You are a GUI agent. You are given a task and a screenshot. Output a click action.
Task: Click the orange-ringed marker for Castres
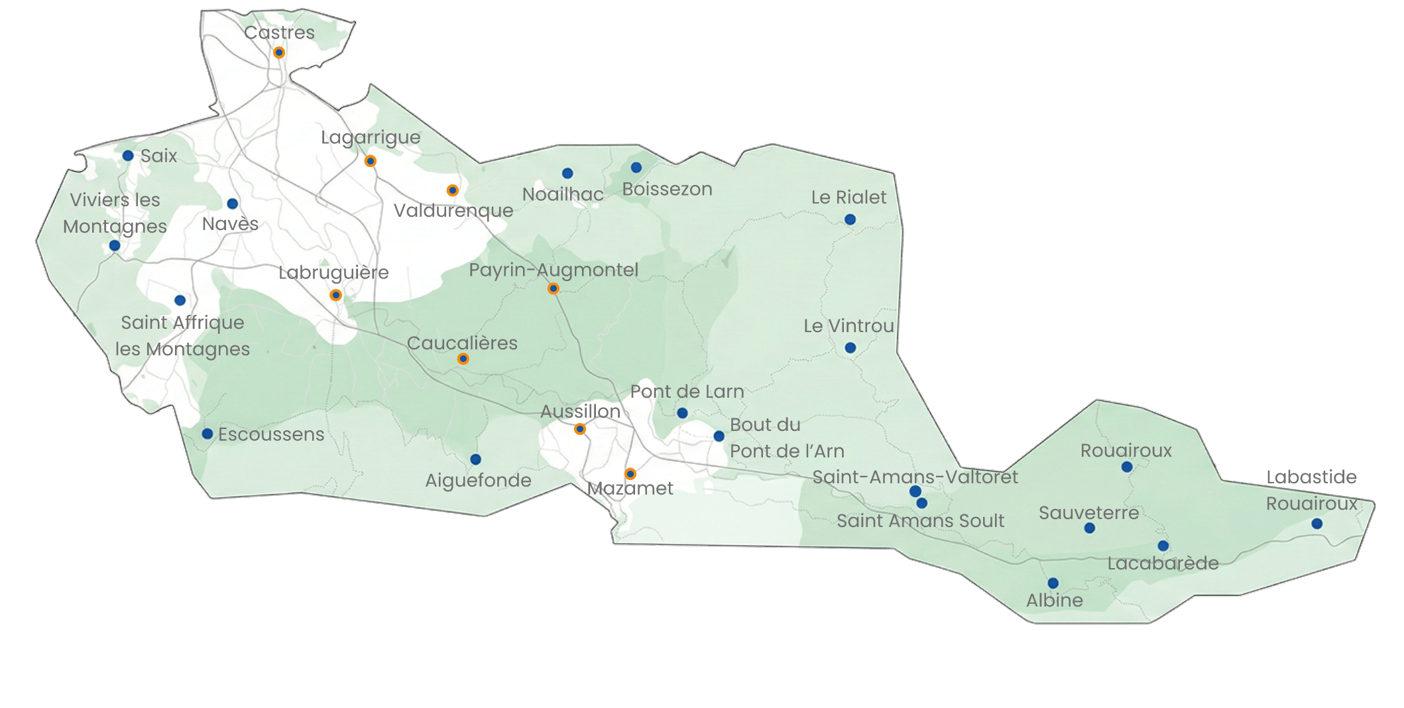279,52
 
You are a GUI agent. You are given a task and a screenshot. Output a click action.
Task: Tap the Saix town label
159,156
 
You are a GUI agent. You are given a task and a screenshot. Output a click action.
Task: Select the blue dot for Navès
232,204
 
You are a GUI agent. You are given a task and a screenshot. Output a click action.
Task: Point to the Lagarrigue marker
371,161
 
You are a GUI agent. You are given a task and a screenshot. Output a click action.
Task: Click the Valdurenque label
453,211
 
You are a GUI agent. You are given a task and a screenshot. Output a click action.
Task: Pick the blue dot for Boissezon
636,167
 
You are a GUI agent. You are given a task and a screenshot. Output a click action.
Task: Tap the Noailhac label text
563,194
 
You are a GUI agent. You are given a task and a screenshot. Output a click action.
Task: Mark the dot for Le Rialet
850,219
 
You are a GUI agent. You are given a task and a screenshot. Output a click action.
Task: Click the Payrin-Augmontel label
554,270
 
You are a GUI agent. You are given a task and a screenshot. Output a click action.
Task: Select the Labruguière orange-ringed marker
336,295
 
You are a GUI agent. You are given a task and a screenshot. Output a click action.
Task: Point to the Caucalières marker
463,359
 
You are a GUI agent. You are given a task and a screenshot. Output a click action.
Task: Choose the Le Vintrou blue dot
850,348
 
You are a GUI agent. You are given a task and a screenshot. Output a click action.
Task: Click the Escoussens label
271,434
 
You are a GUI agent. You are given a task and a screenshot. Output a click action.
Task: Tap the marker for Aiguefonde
475,459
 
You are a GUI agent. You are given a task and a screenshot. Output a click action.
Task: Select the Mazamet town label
630,489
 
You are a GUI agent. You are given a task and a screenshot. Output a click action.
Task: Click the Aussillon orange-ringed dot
580,429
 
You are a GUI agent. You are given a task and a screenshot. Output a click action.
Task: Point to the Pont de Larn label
687,392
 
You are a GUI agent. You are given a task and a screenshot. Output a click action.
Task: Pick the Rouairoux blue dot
1127,467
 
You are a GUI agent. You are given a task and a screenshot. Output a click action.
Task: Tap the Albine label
1055,601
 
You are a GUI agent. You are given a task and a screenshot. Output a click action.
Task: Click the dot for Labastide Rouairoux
1317,524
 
